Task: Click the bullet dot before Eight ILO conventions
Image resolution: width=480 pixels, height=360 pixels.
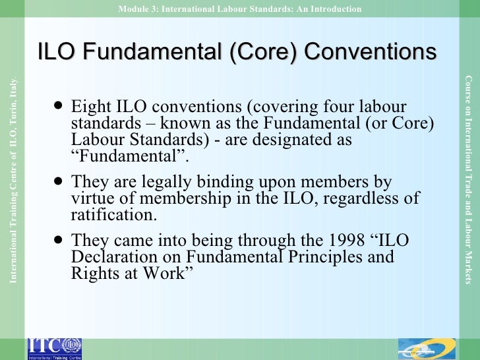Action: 60,105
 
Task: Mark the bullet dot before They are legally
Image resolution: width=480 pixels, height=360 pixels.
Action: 60,181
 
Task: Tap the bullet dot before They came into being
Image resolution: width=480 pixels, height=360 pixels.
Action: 60,239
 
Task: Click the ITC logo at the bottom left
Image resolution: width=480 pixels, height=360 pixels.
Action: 55,347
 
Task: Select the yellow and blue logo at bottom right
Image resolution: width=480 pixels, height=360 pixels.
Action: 427,347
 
